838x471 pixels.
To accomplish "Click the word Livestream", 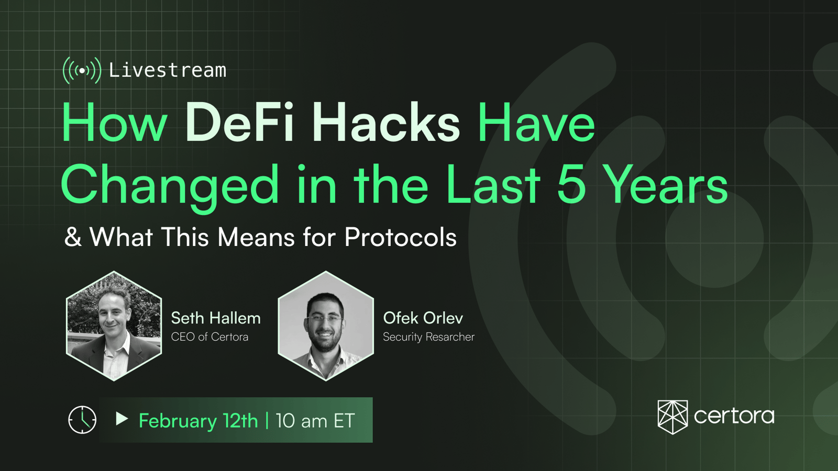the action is tap(168, 70).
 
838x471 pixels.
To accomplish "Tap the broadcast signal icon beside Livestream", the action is tap(82, 70).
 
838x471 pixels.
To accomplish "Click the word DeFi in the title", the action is tap(239, 122).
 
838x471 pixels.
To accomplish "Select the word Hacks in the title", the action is tap(387, 122).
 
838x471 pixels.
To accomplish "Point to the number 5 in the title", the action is tap(571, 185).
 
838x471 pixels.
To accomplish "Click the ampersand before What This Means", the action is tap(73, 237).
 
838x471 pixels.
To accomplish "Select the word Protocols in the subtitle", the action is tap(400, 237).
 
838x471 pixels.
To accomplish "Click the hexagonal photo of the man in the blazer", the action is tap(114, 326).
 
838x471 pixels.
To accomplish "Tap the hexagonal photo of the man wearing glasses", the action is tap(326, 326).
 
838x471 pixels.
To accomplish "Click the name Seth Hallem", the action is tap(216, 318).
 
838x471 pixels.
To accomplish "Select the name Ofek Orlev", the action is tap(423, 318).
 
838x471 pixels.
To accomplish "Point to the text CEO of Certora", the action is tap(210, 337).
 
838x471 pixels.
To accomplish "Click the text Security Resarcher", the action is tap(429, 337).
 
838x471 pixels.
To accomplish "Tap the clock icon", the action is tap(82, 420).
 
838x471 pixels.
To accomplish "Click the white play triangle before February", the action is tap(122, 419).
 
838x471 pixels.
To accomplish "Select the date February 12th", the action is tap(199, 421).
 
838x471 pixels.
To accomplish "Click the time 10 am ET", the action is tap(315, 421).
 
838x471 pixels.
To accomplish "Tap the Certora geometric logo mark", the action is tap(672, 417).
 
